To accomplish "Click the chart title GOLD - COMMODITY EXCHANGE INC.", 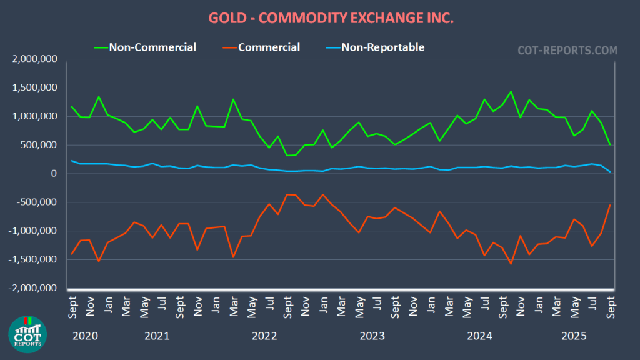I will [319, 18].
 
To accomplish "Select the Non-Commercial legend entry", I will [152, 47].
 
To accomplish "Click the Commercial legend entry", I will [269, 47].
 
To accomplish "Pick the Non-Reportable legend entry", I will [382, 47].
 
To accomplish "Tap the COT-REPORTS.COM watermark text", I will [567, 50].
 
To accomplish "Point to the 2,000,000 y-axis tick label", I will [35, 59].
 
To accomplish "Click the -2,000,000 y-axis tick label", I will [33, 288].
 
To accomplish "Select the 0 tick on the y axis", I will [54, 174].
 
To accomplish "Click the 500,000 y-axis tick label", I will [39, 145].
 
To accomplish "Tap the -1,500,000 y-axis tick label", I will [33, 259].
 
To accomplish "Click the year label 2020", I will [85, 336].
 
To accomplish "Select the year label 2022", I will [264, 336].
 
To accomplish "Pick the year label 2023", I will [372, 336].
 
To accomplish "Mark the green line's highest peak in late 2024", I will [511, 92].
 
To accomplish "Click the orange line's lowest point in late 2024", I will [511, 264].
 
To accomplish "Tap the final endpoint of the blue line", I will [610, 171].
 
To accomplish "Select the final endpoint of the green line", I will [610, 144].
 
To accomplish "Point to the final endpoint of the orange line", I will [610, 205].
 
